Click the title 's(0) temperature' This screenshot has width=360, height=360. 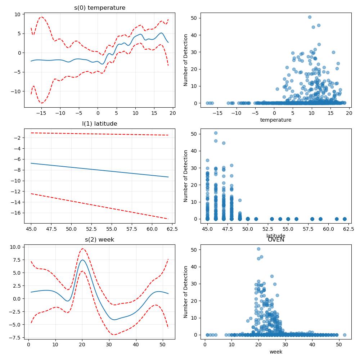point(100,8)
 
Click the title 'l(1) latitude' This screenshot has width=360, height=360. point(100,124)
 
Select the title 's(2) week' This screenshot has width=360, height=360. point(100,240)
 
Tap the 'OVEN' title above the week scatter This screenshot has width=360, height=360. point(276,240)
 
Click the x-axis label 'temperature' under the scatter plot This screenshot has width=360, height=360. point(276,120)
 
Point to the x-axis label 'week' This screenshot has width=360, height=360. point(276,352)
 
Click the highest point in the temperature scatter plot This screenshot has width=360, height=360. point(310,17)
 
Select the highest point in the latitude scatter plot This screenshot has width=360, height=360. point(216,133)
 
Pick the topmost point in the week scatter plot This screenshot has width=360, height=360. point(258,249)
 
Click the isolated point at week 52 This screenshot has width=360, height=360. point(345,335)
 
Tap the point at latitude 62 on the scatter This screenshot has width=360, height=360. point(345,219)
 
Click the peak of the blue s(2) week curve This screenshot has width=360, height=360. point(82,260)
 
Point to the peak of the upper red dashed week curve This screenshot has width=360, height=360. point(82,249)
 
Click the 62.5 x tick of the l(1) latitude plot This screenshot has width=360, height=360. point(172,229)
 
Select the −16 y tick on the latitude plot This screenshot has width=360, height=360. point(15,213)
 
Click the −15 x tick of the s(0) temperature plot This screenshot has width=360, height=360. point(41,113)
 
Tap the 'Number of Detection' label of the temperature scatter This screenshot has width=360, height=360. point(185,60)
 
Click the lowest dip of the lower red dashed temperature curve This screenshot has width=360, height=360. point(41,103)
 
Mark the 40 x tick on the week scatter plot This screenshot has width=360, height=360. point(312,345)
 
